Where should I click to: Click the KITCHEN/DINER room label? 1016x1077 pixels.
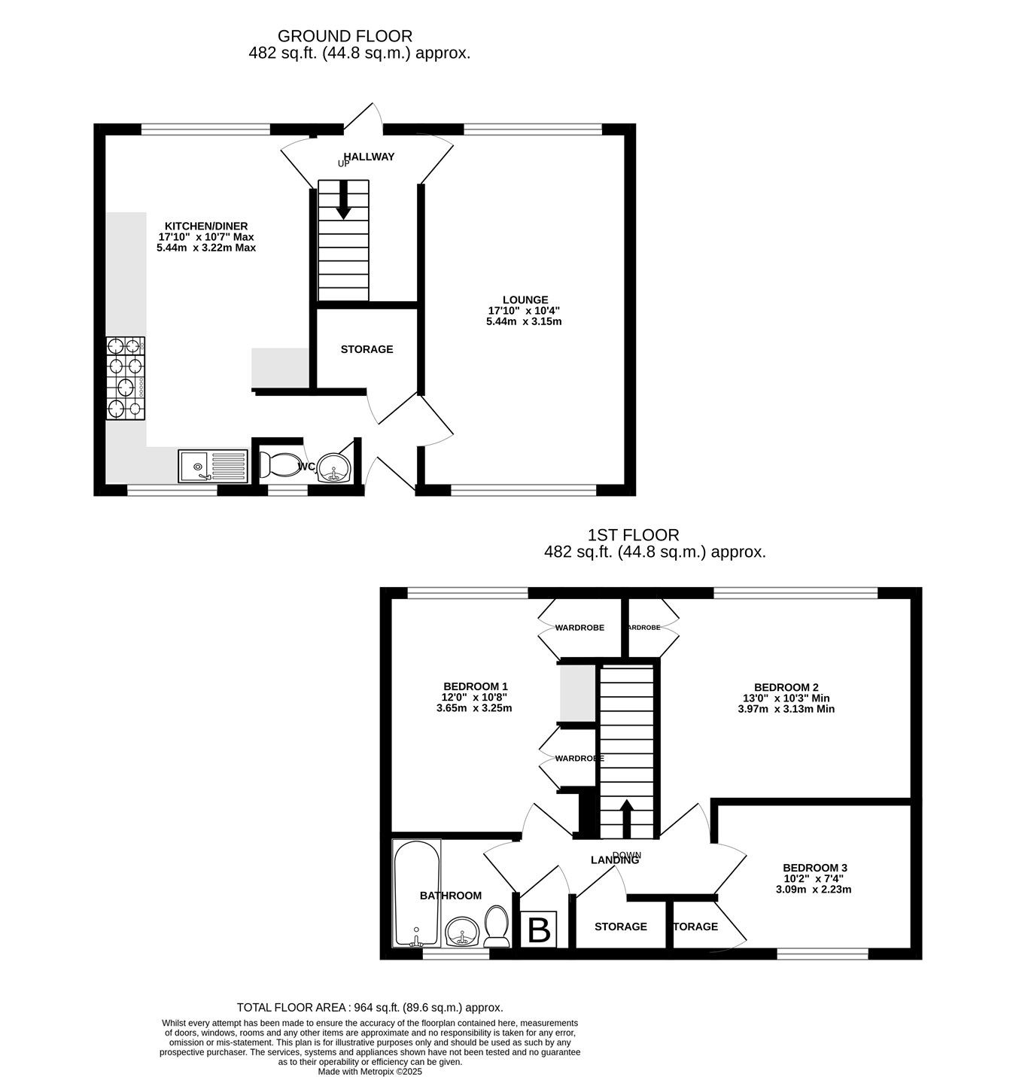coord(206,226)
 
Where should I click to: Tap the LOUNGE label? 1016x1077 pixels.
coord(525,300)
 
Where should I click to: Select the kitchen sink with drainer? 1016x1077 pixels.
coord(213,466)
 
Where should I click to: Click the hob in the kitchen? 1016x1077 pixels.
coord(126,379)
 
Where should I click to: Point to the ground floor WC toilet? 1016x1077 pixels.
coord(281,465)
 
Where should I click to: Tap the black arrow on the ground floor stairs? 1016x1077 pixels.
coord(343,199)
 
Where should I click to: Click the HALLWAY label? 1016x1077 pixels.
coord(370,157)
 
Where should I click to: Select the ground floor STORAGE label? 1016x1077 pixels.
coord(367,349)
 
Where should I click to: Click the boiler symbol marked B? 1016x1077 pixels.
coord(539,929)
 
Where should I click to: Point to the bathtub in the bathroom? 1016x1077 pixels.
coord(417,893)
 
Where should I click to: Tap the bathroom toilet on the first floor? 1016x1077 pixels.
coord(496,926)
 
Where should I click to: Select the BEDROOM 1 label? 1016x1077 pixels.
coord(475,686)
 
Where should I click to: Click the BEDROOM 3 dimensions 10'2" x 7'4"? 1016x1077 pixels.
coord(814,878)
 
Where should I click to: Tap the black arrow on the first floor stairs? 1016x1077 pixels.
coord(626,818)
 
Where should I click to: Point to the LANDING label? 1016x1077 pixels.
coord(615,860)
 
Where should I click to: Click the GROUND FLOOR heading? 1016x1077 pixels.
coord(345,36)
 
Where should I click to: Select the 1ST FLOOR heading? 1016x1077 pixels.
coord(633,535)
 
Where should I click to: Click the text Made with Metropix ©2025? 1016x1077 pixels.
coord(370,1072)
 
